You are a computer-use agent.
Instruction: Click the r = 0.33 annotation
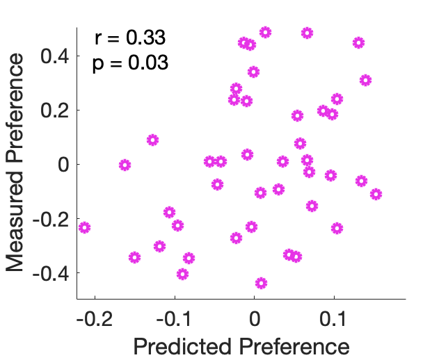(130, 38)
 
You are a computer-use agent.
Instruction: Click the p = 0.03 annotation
(130, 63)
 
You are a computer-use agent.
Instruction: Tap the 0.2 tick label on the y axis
(54, 110)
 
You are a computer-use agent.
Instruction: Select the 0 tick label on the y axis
(63, 164)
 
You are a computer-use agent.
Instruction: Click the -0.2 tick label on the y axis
(50, 218)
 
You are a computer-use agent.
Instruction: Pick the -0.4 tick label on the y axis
(50, 272)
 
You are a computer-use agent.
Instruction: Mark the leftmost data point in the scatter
(85, 227)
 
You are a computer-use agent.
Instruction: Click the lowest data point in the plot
(261, 283)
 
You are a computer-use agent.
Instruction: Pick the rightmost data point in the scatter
(376, 194)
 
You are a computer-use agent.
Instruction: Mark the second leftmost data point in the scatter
(125, 165)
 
